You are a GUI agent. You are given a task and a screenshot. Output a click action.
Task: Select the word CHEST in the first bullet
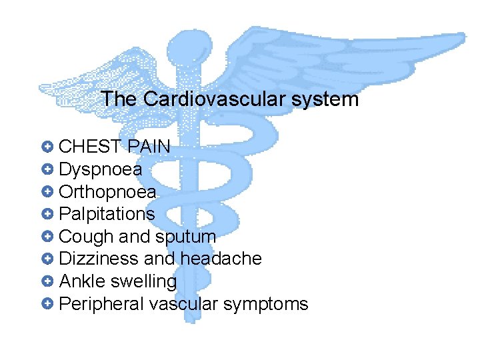pos(90,147)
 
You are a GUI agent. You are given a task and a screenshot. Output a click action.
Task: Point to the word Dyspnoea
pos(101,169)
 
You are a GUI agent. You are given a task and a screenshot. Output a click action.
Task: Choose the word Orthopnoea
pos(108,192)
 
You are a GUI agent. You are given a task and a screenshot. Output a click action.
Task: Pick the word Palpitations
pos(107,214)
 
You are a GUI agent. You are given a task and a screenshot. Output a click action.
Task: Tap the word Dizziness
pos(95,259)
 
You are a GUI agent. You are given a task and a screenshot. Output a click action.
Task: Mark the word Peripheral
pos(101,304)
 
